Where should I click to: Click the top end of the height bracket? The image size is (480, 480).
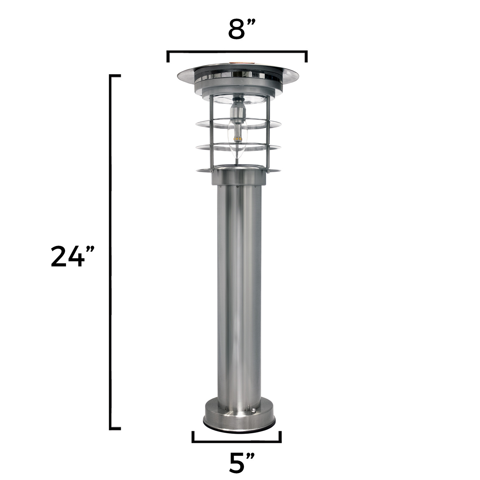pos(115,76)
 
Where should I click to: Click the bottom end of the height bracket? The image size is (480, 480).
pos(115,428)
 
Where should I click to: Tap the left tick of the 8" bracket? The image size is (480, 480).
pos(168,57)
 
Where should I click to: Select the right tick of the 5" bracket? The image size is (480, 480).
pos(280,437)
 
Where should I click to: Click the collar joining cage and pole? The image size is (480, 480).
pos(239,178)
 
